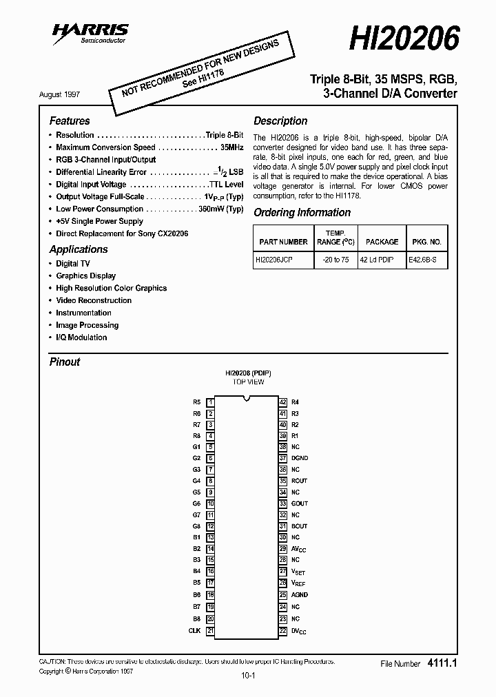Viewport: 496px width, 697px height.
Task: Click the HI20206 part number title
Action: [404, 39]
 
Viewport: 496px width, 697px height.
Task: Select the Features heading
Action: [70, 121]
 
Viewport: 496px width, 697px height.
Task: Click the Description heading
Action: [280, 121]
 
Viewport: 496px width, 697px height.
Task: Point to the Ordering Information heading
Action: [302, 213]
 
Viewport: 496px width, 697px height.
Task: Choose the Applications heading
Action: [79, 249]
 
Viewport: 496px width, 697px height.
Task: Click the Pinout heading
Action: [65, 362]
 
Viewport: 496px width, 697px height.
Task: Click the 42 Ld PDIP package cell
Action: [382, 261]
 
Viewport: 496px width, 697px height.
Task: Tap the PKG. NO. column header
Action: [427, 242]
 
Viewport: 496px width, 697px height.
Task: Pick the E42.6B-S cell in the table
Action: [427, 261]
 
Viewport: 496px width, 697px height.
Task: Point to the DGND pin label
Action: [300, 458]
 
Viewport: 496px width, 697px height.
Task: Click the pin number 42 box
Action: [283, 402]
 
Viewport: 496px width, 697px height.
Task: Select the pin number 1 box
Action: [211, 402]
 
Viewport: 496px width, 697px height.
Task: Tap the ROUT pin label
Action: [300, 481]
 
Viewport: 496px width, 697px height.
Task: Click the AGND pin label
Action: [300, 594]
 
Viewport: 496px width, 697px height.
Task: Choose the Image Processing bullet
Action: [87, 325]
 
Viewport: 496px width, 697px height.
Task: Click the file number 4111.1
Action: [443, 663]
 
